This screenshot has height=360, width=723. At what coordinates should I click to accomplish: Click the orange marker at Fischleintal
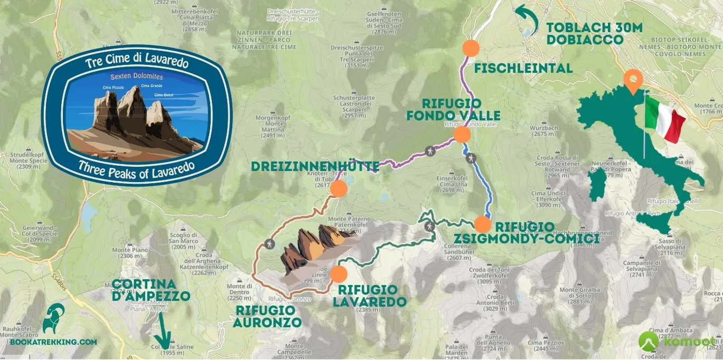tap(470, 48)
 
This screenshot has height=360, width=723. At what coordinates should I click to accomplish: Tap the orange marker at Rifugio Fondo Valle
tap(462, 134)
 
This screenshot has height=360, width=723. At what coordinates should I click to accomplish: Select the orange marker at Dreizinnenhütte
tap(338, 189)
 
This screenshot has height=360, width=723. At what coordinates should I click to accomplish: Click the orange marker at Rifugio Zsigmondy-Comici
tap(482, 224)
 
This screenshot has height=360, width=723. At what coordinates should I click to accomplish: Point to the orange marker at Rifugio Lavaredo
tap(339, 274)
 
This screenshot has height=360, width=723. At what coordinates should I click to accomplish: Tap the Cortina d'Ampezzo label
tap(151, 290)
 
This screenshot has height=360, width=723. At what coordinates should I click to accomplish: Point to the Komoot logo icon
tap(649, 341)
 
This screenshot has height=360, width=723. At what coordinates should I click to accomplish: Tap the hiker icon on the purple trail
tap(430, 151)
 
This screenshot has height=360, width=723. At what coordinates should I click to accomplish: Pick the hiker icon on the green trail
tap(429, 226)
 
